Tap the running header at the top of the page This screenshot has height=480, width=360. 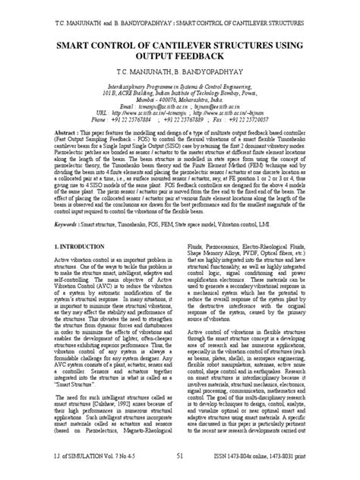pyautogui.click(x=179, y=14)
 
